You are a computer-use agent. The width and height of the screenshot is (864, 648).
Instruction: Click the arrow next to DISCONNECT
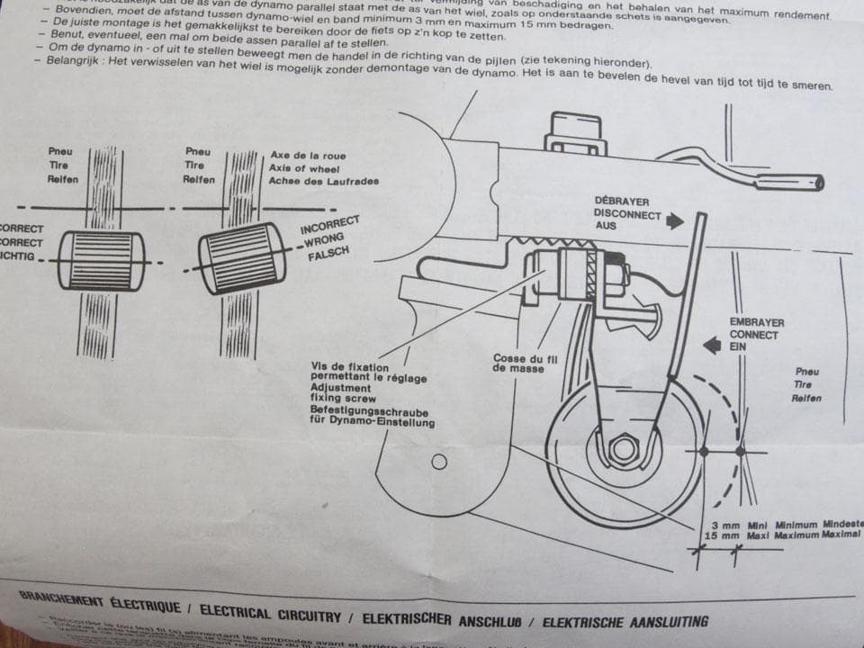[675, 220]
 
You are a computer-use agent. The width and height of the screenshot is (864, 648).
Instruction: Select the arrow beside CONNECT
[712, 342]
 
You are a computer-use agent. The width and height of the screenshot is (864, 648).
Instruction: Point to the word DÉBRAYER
[622, 201]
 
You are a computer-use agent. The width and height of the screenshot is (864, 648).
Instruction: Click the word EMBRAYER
[756, 322]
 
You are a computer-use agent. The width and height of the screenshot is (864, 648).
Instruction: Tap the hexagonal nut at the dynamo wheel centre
[622, 447]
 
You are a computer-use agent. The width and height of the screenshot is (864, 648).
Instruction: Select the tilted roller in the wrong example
[245, 257]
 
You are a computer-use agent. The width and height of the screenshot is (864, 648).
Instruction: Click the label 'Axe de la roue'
[308, 156]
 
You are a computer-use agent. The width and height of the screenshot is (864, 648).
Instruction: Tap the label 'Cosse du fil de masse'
[526, 364]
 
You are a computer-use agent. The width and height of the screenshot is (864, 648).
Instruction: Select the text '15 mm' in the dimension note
[722, 535]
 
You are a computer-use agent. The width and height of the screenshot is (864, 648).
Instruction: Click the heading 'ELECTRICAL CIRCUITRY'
[270, 612]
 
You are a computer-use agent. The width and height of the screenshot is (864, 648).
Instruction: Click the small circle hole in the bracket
[439, 462]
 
